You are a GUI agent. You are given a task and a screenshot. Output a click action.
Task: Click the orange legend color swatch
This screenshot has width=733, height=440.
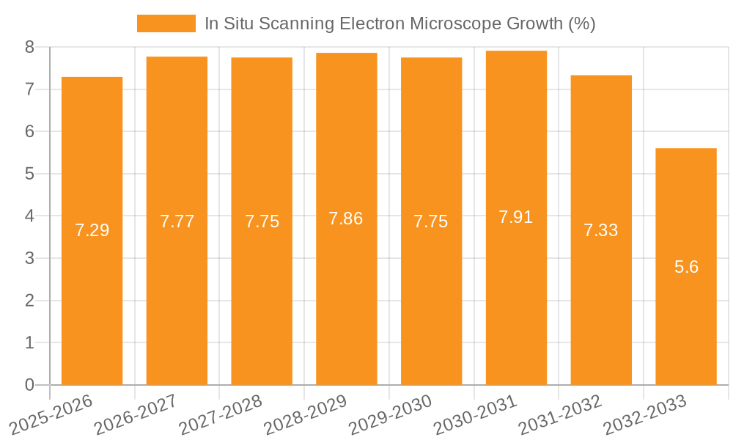coord(166,23)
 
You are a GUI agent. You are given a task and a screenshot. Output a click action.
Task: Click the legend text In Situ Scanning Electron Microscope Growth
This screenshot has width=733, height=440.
coord(399,23)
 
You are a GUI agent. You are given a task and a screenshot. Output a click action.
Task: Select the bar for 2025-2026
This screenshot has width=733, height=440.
coord(92,231)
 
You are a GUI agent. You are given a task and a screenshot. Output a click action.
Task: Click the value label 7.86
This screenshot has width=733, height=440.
coord(346,219)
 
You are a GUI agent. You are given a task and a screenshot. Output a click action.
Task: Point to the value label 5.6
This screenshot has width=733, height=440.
coord(686,267)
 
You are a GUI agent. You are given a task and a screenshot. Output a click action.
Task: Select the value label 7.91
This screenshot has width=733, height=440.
coord(516,217)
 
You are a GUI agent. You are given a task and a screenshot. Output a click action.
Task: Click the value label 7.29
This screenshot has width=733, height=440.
coord(92,230)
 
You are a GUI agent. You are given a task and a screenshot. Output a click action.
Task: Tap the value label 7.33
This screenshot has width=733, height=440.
coord(601,230)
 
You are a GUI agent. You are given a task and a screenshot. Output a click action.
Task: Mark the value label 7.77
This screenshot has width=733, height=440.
coord(177,221)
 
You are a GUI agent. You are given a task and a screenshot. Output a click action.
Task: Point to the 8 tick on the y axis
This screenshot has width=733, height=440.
coord(29,47)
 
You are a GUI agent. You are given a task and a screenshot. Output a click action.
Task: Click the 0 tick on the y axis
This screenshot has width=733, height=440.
coord(29,385)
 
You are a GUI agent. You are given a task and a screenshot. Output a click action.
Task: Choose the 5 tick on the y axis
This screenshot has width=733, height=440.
coord(29,174)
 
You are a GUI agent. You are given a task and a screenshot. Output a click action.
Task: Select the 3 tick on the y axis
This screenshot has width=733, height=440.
coord(29,258)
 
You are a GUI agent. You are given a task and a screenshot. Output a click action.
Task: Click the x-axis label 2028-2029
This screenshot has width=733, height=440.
coord(306,414)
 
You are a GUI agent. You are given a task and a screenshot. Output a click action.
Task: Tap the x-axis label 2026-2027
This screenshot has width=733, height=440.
coord(136,414)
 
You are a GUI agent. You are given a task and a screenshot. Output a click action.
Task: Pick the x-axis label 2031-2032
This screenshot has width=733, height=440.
coord(561,414)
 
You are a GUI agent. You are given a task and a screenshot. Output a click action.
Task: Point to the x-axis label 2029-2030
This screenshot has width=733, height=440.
coord(391,414)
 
